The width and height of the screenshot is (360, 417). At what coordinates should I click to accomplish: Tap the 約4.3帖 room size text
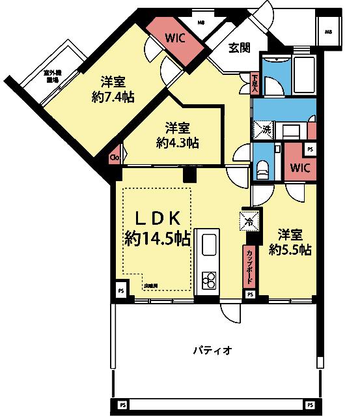177,141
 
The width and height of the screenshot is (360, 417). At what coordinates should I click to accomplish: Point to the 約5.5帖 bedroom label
290,249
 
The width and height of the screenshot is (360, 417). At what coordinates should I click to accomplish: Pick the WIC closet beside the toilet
299,167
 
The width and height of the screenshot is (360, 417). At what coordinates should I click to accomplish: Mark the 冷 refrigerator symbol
249,221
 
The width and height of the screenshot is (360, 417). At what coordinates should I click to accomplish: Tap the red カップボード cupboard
249,266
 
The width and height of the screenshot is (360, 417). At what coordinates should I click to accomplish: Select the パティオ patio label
212,350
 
